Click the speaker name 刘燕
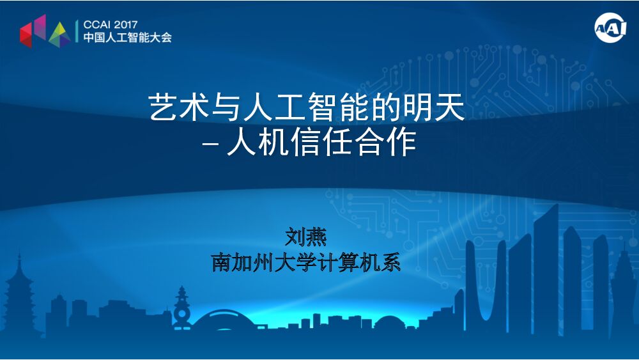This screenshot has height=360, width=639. pyautogui.click(x=306, y=237)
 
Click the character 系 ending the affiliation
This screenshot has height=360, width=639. pyautogui.click(x=390, y=262)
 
